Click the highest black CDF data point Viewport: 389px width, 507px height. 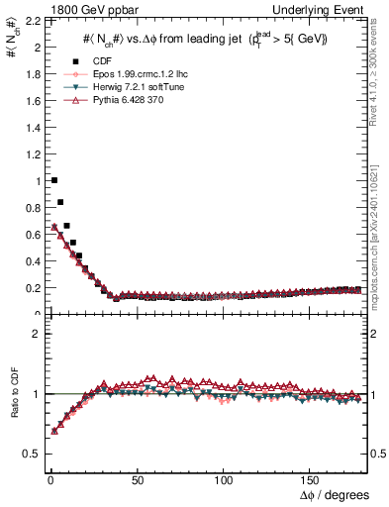(x=53, y=180)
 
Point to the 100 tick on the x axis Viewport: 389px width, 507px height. (x=224, y=478)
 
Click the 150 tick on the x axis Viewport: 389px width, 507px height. (x=312, y=478)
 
